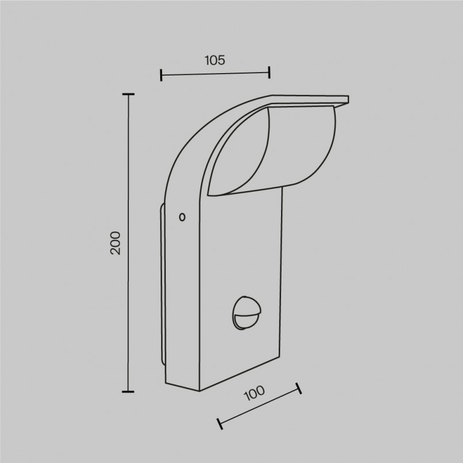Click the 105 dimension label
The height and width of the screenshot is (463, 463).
[215, 60]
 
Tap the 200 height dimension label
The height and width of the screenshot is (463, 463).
[115, 243]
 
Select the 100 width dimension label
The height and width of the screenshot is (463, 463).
[254, 393]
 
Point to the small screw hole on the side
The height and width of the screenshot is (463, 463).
[182, 217]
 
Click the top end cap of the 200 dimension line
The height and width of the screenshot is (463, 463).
[128, 94]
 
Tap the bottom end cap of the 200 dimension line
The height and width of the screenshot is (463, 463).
[128, 392]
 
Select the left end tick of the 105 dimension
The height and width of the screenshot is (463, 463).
[161, 75]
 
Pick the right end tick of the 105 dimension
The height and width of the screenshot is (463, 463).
[270, 73]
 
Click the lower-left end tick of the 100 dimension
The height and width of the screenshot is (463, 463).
[219, 423]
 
